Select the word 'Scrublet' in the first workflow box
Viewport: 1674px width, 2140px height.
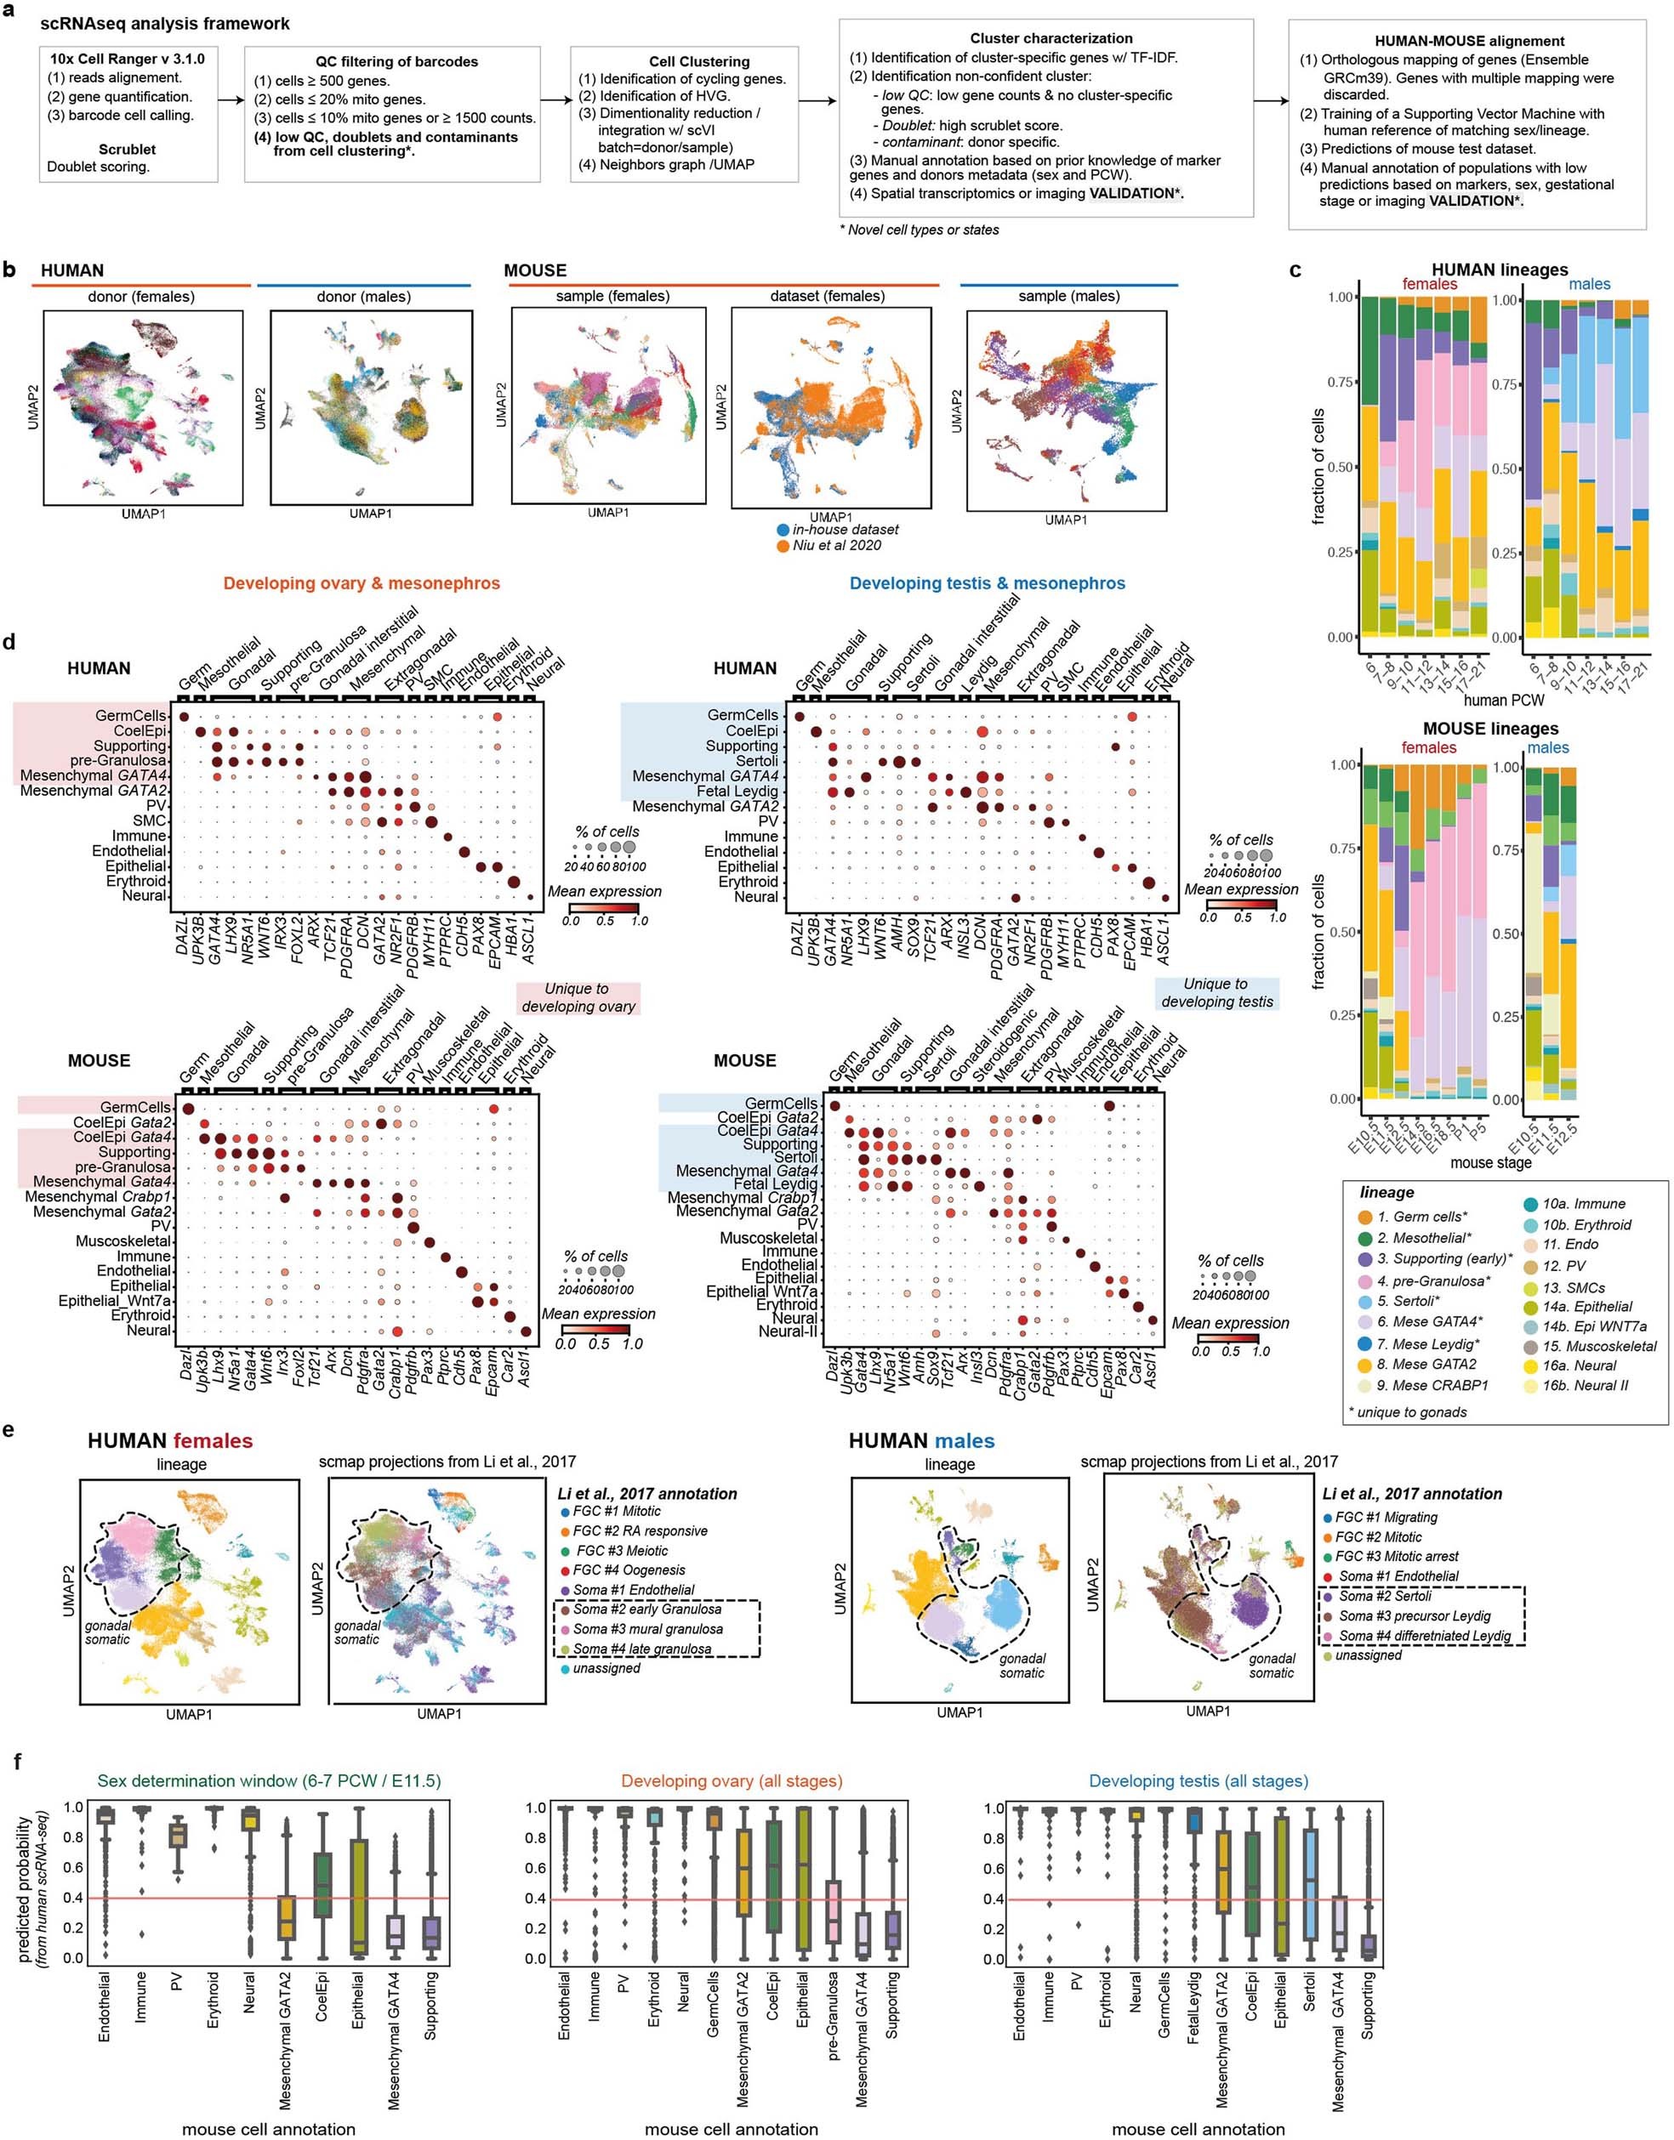pyautogui.click(x=127, y=149)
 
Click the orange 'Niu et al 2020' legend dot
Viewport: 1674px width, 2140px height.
pyautogui.click(x=783, y=545)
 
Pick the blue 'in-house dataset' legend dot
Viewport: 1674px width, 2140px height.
pyautogui.click(x=783, y=529)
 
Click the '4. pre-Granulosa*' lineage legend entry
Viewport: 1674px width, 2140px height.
pyautogui.click(x=1430, y=1280)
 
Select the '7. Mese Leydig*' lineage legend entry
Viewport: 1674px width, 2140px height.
pyautogui.click(x=1428, y=1343)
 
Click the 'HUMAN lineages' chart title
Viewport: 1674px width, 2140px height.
pyautogui.click(x=1499, y=270)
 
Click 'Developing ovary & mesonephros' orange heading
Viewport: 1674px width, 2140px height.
pyautogui.click(x=362, y=583)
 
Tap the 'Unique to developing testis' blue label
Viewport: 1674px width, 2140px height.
pyautogui.click(x=1216, y=992)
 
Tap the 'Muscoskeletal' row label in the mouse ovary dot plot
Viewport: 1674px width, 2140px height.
pyautogui.click(x=122, y=1240)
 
